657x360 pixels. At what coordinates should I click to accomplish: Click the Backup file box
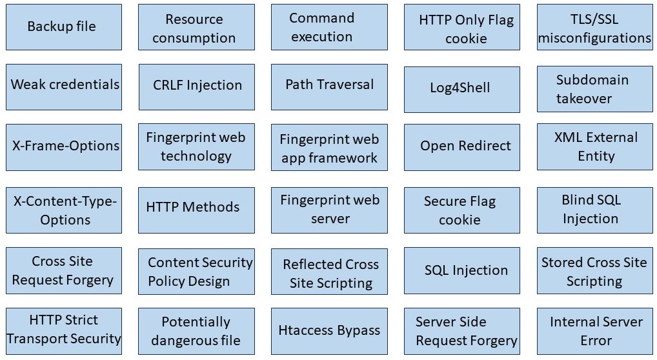coord(63,27)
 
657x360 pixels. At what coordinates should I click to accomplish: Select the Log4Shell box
coord(461,87)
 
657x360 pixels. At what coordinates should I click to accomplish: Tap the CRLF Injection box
coord(197,86)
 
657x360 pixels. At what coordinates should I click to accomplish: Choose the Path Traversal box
coord(329,85)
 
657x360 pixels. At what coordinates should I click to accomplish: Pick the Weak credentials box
coord(64,85)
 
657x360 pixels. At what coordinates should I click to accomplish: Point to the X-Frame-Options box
coord(64,146)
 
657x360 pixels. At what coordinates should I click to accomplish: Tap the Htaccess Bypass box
coord(329,331)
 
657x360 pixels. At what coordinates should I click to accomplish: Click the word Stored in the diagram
coord(562,263)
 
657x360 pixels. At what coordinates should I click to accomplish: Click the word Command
coord(321,18)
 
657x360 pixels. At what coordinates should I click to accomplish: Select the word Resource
coord(194,20)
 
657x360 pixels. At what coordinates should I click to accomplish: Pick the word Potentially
coord(196,322)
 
